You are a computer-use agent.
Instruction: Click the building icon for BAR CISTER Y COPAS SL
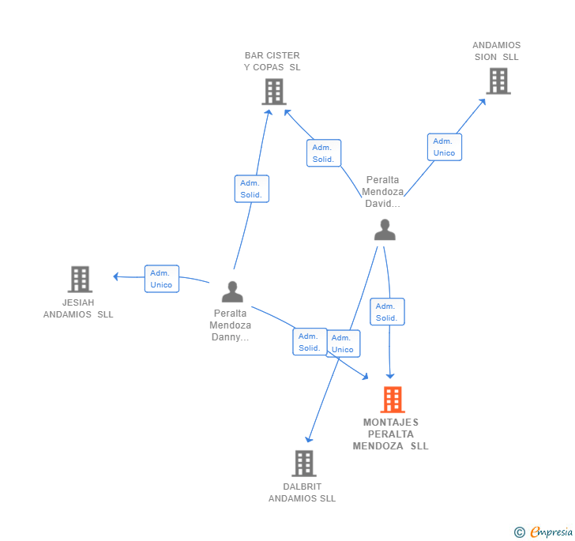[x=273, y=92]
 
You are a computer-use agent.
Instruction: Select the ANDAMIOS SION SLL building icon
[x=498, y=81]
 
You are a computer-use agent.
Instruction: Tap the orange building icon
[x=393, y=400]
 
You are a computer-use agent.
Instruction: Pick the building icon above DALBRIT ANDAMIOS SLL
[x=304, y=463]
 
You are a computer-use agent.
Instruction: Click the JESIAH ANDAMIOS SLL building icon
[x=80, y=279]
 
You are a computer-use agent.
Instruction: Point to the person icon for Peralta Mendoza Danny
[x=232, y=291]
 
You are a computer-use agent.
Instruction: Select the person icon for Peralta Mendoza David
[x=385, y=229]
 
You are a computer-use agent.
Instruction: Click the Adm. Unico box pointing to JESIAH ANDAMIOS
[x=161, y=279]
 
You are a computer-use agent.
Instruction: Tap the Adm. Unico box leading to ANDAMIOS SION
[x=444, y=147]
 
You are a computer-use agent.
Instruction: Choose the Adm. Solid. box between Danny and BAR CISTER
[x=251, y=189]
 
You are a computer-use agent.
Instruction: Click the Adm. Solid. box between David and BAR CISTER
[x=323, y=153]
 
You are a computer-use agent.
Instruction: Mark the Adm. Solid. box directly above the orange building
[x=386, y=312]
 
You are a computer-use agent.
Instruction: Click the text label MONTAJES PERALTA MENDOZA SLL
[x=391, y=434]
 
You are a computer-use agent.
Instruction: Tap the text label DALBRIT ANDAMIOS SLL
[x=302, y=492]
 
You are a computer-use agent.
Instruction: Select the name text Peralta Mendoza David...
[x=383, y=192]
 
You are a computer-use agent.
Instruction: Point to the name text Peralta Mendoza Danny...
[x=231, y=325]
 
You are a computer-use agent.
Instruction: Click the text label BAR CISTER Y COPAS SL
[x=272, y=62]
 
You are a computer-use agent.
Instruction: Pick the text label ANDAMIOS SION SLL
[x=497, y=51]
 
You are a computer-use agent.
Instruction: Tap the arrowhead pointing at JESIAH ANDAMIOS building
[x=116, y=276]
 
